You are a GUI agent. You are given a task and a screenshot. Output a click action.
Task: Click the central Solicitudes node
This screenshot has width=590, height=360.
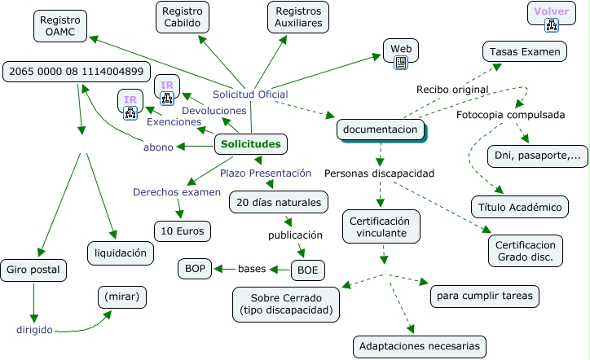(251, 145)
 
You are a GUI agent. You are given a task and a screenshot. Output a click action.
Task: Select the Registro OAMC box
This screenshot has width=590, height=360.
(60, 25)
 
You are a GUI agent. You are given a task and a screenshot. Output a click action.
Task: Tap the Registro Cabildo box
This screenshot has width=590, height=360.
(183, 17)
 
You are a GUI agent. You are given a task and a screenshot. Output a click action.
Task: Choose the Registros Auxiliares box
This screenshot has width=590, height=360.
(299, 17)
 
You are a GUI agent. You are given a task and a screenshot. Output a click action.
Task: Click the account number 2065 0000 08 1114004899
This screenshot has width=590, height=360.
(78, 71)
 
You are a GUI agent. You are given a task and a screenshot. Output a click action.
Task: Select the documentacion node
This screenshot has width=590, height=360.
(381, 130)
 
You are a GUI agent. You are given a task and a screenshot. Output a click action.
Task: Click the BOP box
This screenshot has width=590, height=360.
(195, 268)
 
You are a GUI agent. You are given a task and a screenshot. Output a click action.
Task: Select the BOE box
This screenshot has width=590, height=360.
(308, 268)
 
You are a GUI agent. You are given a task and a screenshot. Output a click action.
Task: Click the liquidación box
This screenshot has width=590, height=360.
(121, 252)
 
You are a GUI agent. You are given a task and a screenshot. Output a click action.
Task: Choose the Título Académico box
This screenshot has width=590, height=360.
(519, 207)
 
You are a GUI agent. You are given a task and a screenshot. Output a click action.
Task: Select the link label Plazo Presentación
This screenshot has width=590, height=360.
(266, 173)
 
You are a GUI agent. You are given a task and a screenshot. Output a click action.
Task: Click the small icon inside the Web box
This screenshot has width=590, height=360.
(401, 62)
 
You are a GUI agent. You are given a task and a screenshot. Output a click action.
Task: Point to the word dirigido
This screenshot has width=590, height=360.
(34, 330)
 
